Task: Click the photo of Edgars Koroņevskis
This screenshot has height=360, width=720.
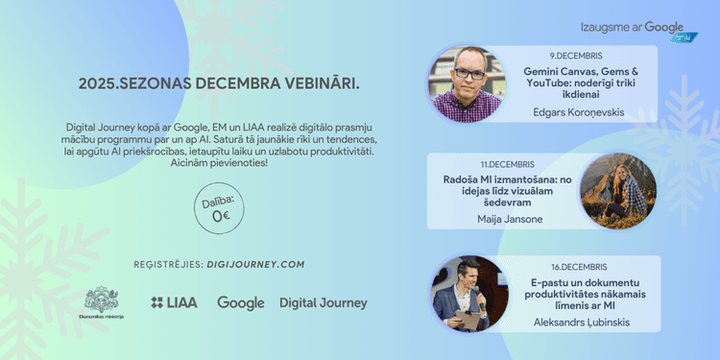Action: pos(468,84)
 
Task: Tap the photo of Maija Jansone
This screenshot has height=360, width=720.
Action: pos(619,192)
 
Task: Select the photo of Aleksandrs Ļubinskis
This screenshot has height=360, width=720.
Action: pos(470,293)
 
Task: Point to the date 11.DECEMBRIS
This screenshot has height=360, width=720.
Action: pos(508,165)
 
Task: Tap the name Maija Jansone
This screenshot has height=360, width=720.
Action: pos(509,219)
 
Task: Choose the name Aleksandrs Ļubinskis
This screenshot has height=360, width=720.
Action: pos(581,322)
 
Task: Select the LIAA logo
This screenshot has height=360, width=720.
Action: pos(174,302)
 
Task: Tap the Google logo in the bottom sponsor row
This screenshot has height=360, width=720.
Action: pos(240,302)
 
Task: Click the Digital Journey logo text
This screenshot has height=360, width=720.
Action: pos(323,302)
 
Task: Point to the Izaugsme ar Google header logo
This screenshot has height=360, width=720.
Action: pos(636,30)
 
